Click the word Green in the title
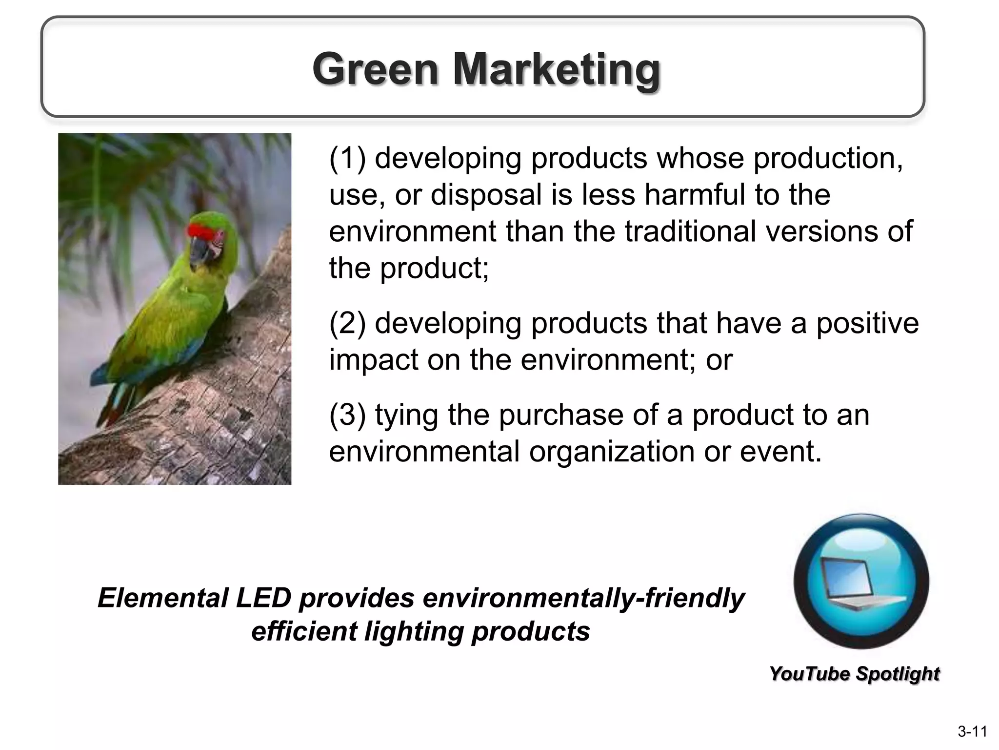[375, 69]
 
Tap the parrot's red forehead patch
[204, 231]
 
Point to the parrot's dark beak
[199, 250]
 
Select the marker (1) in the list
[347, 159]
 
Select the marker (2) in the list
[347, 323]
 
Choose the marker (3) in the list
[347, 415]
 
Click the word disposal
[486, 195]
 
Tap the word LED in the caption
[263, 598]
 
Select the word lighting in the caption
[414, 631]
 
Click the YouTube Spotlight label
[854, 674]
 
